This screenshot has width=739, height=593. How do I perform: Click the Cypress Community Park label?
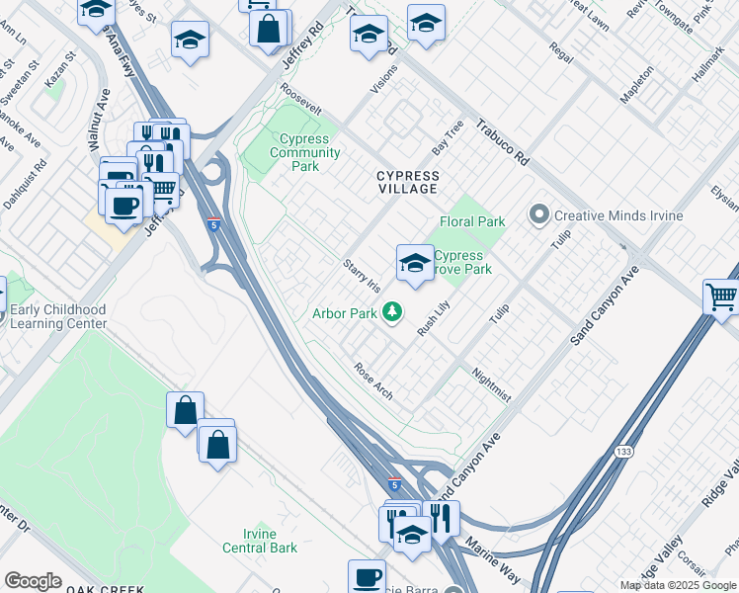point(305,153)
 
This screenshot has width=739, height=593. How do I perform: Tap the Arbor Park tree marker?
point(393,313)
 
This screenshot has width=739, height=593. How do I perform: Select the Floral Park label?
point(472,222)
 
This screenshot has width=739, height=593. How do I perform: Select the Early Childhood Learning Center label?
point(57,316)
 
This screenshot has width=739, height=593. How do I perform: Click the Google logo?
point(33,581)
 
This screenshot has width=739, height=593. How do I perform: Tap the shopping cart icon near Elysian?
point(722,296)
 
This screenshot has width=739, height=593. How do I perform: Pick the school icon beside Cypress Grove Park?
point(415,263)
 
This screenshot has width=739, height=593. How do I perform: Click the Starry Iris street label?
point(361,276)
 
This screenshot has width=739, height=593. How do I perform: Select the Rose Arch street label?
point(373,381)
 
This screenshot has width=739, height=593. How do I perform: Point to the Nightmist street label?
point(491,385)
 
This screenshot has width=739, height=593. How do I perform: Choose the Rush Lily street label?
point(433,318)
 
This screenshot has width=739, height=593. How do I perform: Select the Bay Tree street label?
point(448,138)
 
